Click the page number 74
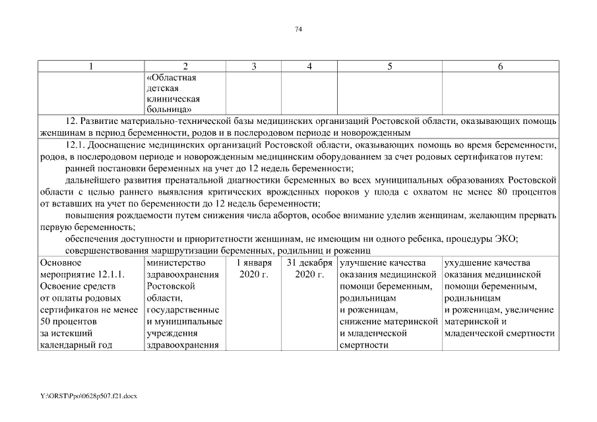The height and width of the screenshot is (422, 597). click(298, 30)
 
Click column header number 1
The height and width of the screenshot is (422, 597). click(91, 67)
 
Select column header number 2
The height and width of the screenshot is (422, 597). click(185, 67)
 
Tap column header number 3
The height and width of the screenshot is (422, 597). click(254, 67)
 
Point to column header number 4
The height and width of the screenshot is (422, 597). click(309, 67)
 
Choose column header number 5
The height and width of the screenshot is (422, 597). click(390, 67)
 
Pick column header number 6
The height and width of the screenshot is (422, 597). click(501, 67)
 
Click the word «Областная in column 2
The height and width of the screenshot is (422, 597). click(171, 77)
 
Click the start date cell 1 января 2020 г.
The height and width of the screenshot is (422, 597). click(254, 269)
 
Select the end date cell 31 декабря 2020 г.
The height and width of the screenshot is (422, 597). click(309, 269)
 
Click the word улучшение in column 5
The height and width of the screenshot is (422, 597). click(363, 263)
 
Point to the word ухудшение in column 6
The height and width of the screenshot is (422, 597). click(468, 263)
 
